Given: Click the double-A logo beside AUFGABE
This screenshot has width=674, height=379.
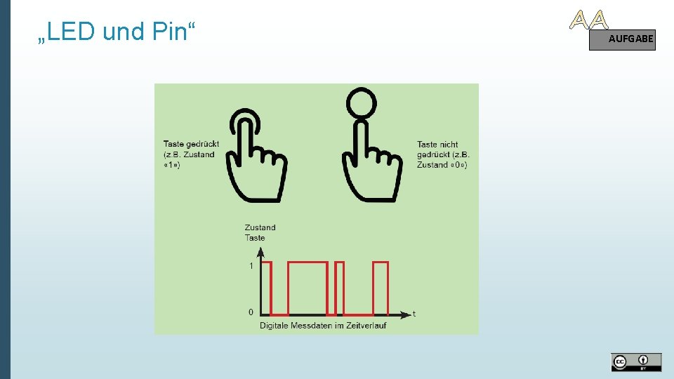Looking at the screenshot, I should pyautogui.click(x=588, y=20).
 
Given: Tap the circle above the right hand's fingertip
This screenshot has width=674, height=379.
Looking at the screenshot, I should pyautogui.click(x=362, y=102).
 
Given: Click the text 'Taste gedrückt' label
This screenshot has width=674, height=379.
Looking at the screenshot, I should pyautogui.click(x=191, y=144).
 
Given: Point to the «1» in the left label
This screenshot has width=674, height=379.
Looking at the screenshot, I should pyautogui.click(x=172, y=164).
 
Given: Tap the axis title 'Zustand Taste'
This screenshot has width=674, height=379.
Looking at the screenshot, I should pyautogui.click(x=260, y=232).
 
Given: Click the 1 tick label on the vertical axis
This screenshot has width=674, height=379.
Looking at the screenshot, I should pyautogui.click(x=251, y=266).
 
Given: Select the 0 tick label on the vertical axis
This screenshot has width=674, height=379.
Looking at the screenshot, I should pyautogui.click(x=251, y=312).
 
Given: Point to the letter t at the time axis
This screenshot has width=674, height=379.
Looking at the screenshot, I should pyautogui.click(x=414, y=313).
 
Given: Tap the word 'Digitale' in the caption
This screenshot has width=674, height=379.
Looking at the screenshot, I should pyautogui.click(x=276, y=325).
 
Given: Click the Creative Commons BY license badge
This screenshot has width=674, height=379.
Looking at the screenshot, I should pyautogui.click(x=635, y=362).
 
